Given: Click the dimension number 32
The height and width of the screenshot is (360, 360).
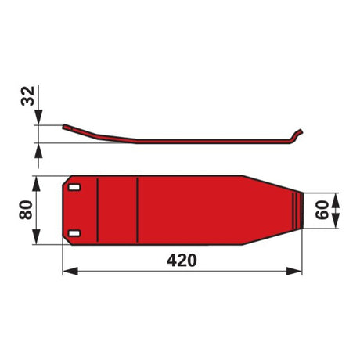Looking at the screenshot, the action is pos(27,95).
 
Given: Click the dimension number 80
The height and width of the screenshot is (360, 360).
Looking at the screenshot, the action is pos(26,210).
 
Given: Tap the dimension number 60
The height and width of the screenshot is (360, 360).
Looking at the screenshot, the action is pos(322,210).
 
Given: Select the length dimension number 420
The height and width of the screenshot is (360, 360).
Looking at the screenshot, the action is pos(182,260).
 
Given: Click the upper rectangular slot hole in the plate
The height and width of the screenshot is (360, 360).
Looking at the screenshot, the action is pos(74,188).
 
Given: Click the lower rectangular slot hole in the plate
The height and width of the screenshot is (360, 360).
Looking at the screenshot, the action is pos(74,233).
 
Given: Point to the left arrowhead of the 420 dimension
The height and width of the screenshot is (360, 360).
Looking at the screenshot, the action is pos(70,271).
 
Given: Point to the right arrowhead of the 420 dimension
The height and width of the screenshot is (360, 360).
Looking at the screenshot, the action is pos(294,271).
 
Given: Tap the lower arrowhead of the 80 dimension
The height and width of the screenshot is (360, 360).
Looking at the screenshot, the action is pos(37,236).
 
